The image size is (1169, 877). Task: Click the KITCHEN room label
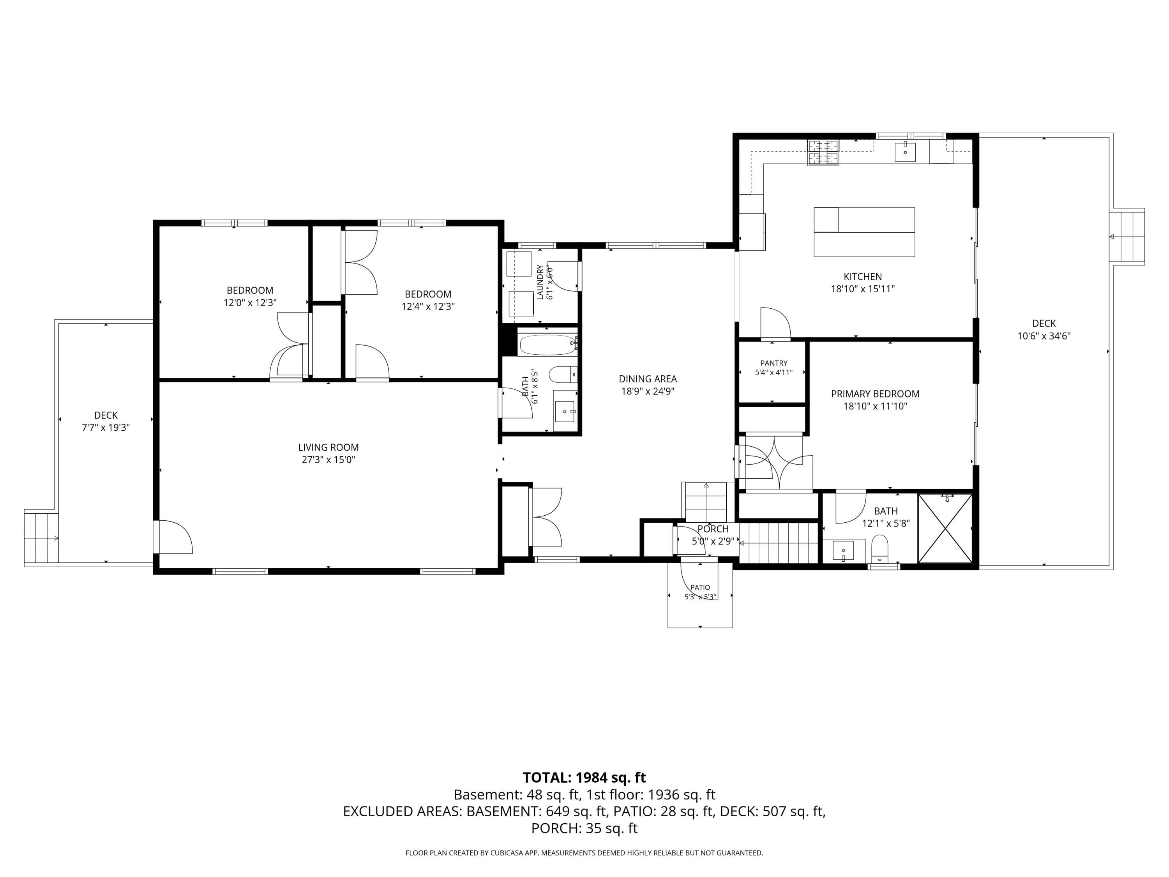pos(862,276)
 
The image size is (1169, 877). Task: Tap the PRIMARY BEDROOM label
pos(875,394)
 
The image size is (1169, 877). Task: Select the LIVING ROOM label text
pos(328,447)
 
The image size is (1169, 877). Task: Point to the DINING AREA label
pos(648,379)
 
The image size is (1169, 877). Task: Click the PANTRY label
pos(774,363)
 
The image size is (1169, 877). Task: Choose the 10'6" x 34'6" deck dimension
pos(1044,336)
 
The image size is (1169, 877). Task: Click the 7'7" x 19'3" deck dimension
pos(106,428)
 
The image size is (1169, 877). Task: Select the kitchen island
pos(864,232)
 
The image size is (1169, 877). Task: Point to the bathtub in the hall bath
pos(548,345)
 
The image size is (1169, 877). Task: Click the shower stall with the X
pos(945,528)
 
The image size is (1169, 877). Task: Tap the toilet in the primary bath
pos(879,549)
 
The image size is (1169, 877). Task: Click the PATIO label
pos(700,587)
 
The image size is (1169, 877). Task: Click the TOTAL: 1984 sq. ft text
pos(584,778)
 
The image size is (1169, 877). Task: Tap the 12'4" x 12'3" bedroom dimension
pos(428,307)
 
